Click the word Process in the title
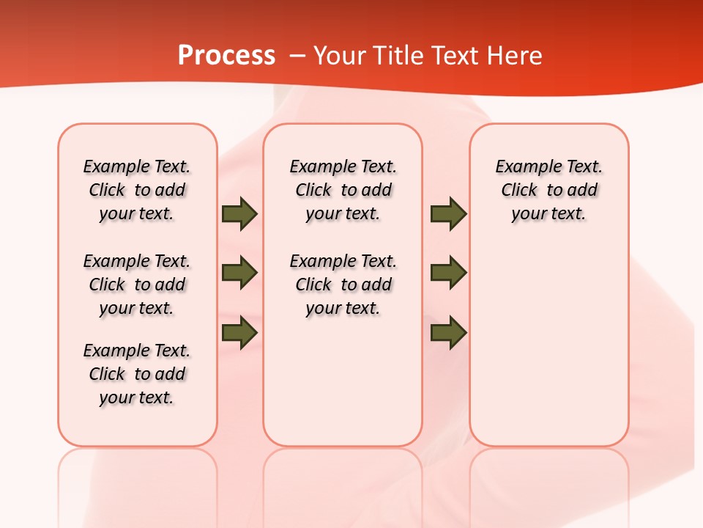coord(226,56)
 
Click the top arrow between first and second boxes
coord(239,214)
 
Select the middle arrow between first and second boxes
coord(239,273)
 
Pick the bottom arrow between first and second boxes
coord(239,333)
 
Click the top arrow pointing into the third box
coord(448,214)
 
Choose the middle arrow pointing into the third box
coord(448,273)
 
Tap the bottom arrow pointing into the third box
coord(448,333)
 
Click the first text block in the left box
coord(137,190)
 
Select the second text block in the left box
coord(137,285)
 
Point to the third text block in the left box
coord(137,374)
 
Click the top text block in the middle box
coord(343,190)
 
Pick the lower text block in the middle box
coord(343,285)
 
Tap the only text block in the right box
coord(548,190)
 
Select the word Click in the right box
coord(519,191)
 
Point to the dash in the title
coord(297,56)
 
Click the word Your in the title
coord(339,56)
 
